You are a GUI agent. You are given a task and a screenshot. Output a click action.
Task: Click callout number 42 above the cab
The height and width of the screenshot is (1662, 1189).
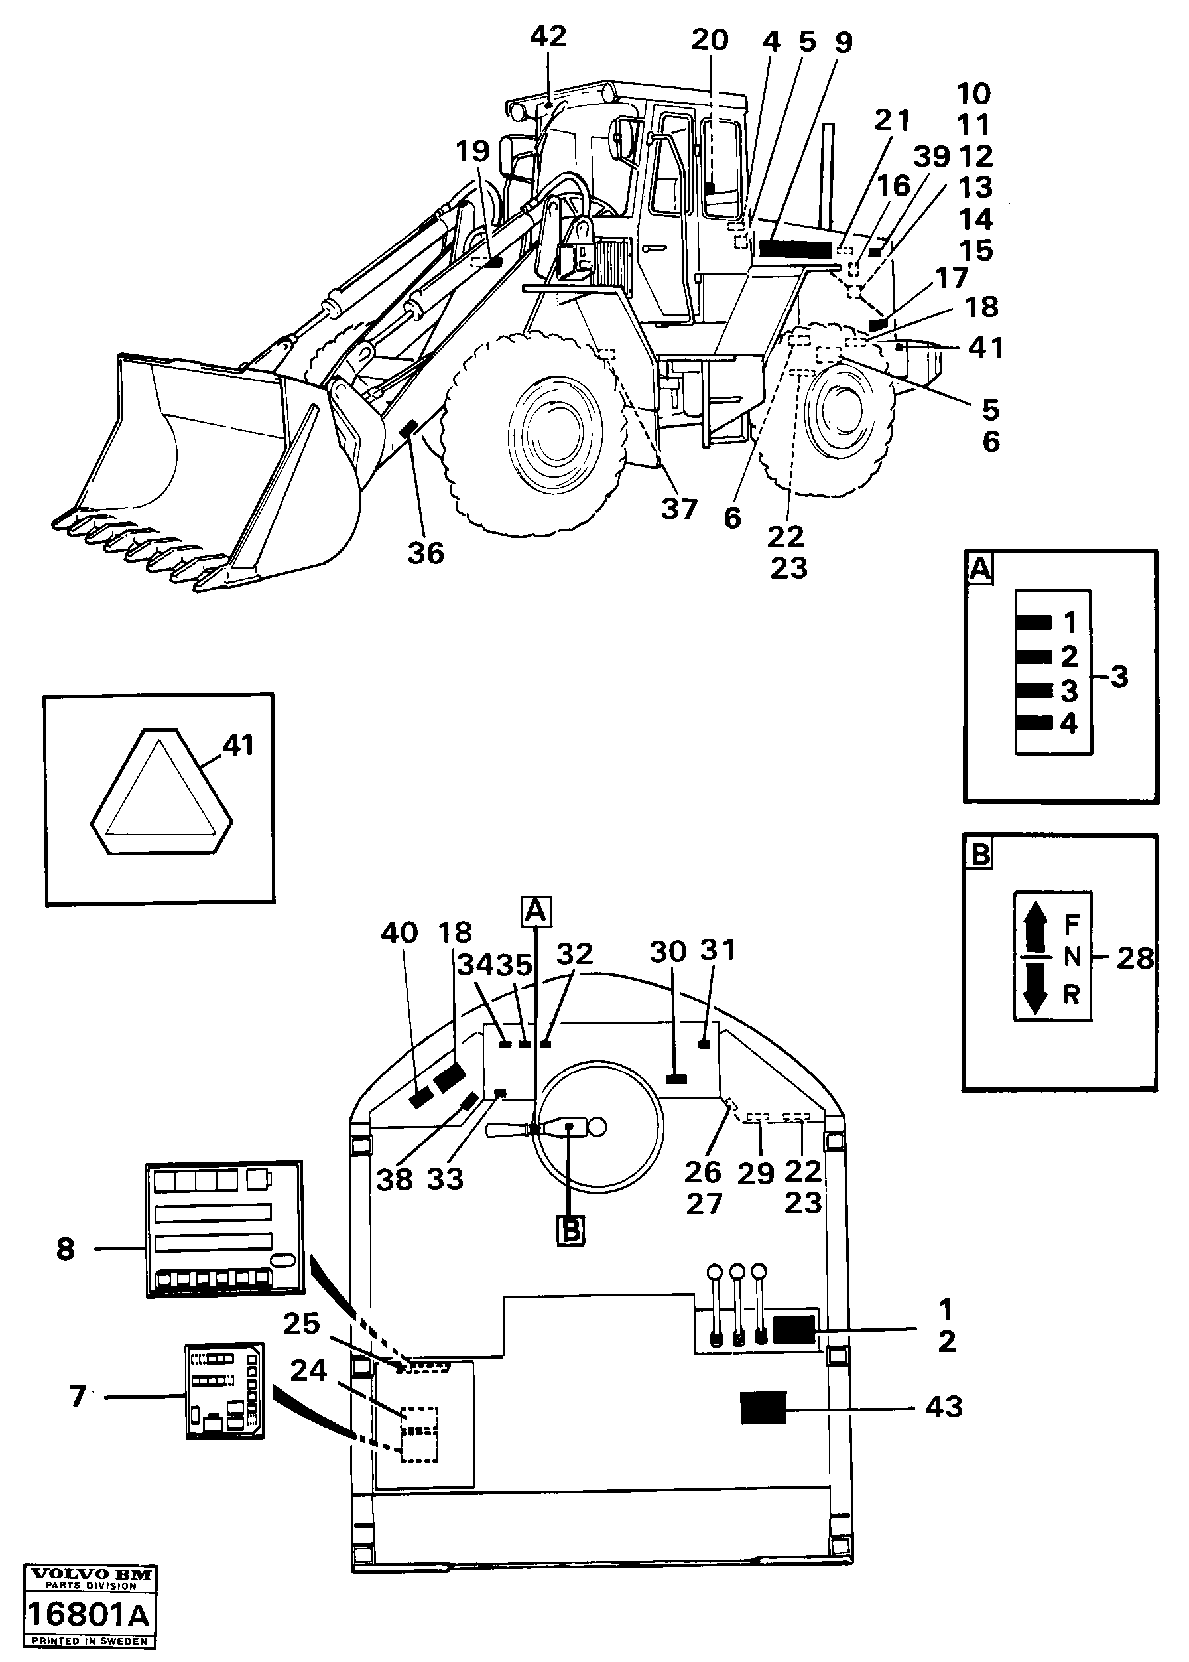(x=548, y=36)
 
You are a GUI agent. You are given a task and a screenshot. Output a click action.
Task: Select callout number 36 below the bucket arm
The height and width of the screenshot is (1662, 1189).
(x=425, y=554)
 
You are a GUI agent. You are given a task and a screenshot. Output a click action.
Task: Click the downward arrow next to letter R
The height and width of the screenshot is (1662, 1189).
(x=1034, y=989)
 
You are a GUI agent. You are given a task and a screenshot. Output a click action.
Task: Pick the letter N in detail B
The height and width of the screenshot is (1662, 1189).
(x=1071, y=957)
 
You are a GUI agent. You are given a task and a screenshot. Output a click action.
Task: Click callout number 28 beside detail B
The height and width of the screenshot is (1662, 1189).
(x=1134, y=958)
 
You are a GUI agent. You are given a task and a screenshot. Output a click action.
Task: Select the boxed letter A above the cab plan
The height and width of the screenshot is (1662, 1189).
(x=536, y=911)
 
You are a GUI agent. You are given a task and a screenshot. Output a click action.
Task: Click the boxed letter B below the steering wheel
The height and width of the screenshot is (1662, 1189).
(x=570, y=1231)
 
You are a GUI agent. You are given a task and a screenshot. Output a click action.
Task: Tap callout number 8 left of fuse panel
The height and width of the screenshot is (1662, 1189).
(x=65, y=1249)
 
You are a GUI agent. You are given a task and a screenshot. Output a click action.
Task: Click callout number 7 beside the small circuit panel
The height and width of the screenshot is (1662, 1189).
(x=78, y=1396)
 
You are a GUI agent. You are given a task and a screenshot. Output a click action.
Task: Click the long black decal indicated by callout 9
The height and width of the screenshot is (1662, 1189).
(x=795, y=248)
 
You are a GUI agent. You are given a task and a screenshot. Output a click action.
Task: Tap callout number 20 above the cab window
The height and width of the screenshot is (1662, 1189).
(x=710, y=40)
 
